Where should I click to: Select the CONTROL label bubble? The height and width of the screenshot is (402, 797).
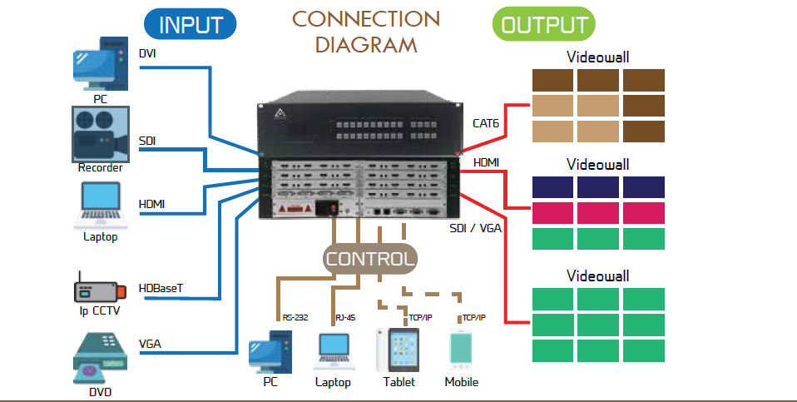coord(369,259)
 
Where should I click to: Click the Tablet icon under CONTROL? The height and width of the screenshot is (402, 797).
coord(398,350)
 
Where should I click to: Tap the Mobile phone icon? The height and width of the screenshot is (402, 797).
coord(461,350)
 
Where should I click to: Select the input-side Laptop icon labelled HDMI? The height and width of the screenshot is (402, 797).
coord(100,204)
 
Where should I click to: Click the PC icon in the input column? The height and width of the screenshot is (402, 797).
coord(100,65)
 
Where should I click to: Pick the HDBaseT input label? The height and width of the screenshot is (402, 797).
coord(161,289)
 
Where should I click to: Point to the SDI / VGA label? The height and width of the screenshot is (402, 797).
coord(475,226)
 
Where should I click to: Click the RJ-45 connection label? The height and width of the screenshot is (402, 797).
coord(345,318)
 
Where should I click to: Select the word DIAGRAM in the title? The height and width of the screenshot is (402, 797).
coord(366,44)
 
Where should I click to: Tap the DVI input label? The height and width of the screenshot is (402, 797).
coord(147,54)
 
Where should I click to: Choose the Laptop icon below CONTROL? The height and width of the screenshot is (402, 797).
coord(333,352)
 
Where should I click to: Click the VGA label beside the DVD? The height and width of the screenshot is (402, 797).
coord(150,342)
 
